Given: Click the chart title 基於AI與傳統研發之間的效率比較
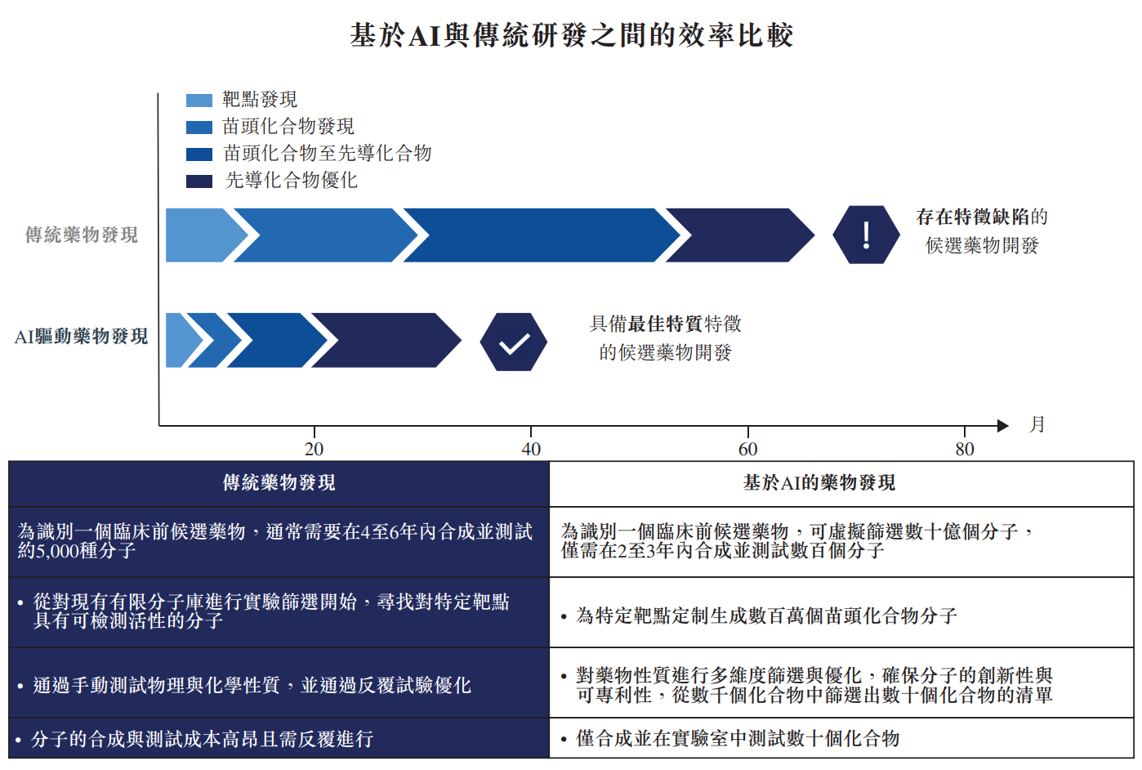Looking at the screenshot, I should [x=571, y=35].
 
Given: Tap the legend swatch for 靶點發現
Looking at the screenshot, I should [x=199, y=101].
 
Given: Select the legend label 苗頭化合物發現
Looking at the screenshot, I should [x=288, y=127].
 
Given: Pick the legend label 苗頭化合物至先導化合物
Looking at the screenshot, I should [x=328, y=154].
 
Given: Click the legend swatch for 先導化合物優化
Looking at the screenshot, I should [x=199, y=181].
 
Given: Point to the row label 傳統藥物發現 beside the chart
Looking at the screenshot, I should [x=82, y=235].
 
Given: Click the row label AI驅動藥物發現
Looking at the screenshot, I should [x=81, y=337].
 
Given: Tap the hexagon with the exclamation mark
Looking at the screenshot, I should [x=866, y=235].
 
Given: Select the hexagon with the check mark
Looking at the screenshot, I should [x=514, y=342].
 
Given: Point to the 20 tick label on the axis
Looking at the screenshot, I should [x=314, y=449].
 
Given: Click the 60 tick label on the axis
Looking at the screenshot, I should [x=747, y=449].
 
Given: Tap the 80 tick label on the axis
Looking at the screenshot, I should [x=965, y=449].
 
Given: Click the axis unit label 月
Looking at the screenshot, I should [x=1037, y=424].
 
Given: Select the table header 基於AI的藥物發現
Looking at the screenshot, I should [x=819, y=483].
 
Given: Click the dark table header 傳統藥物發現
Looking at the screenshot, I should [x=279, y=483].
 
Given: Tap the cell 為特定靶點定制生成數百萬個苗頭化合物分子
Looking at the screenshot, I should [x=766, y=616].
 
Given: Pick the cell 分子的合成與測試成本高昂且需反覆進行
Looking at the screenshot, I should [x=203, y=740].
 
